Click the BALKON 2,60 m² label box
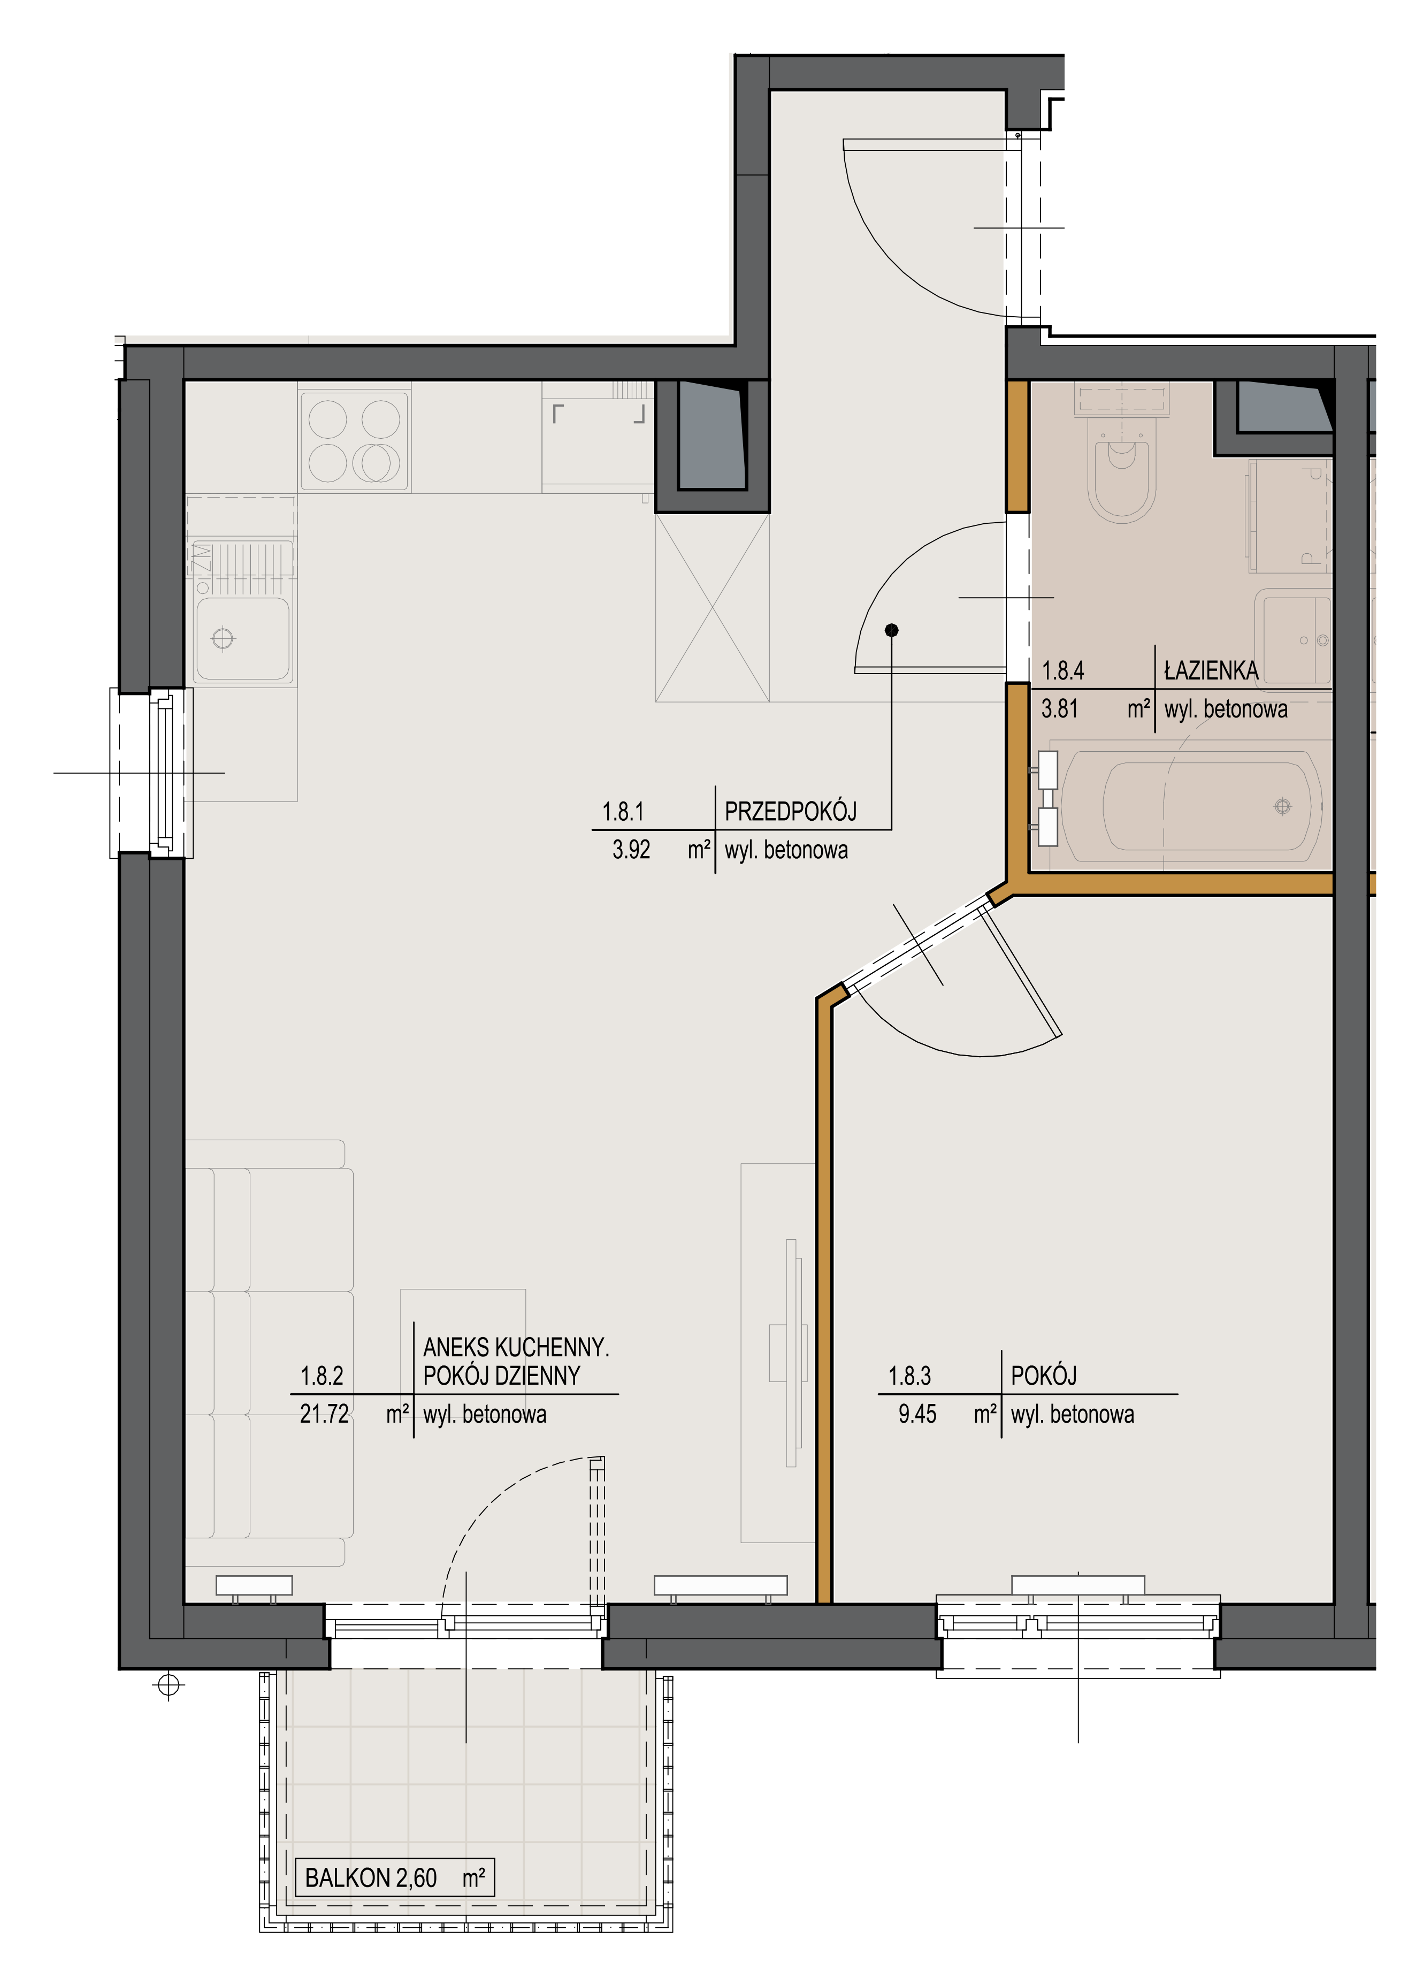coord(395,1877)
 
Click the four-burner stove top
coord(355,440)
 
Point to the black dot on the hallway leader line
coord(892,630)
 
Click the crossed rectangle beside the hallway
coord(713,607)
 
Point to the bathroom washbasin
coord(1292,636)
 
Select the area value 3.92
coord(631,849)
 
